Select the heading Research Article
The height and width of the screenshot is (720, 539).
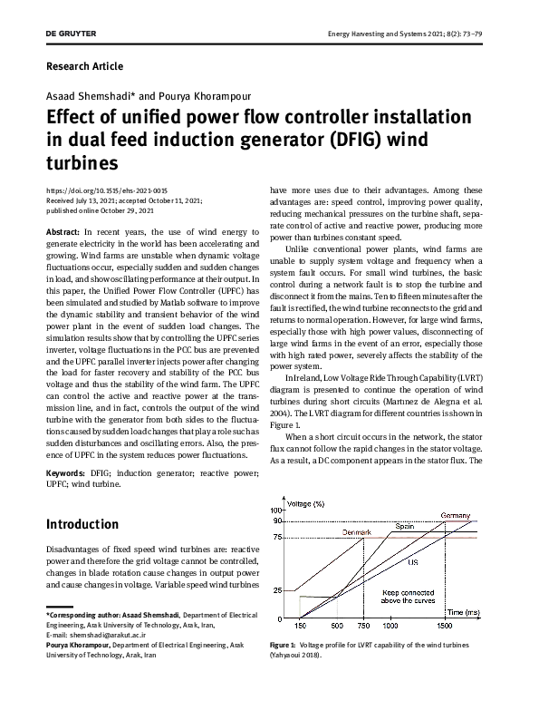click(x=83, y=66)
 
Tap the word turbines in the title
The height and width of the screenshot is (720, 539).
click(x=82, y=163)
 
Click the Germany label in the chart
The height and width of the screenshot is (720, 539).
click(x=455, y=515)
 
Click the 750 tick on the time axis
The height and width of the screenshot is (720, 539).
click(x=362, y=626)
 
